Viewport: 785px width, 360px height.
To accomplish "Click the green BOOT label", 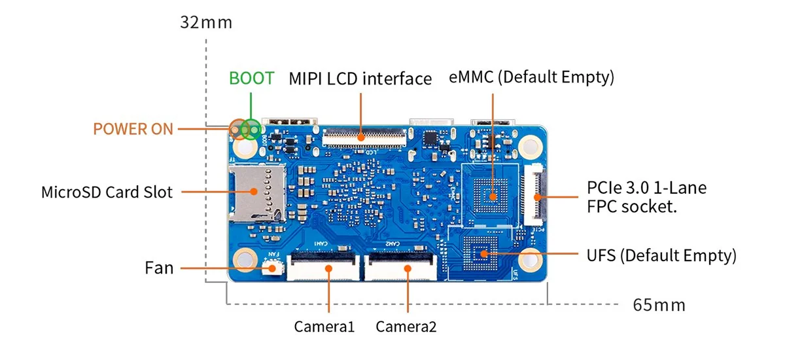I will point(251,78).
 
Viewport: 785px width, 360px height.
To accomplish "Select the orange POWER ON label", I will point(133,128).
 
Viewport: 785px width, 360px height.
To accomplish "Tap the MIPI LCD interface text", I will point(360,79).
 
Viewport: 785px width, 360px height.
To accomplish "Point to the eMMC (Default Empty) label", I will point(531,77).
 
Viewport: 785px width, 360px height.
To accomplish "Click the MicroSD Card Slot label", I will point(107,192).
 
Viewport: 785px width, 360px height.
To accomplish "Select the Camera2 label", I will point(406,326).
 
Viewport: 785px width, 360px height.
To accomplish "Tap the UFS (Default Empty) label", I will point(661,255).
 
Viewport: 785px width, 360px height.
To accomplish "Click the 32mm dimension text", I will point(206,23).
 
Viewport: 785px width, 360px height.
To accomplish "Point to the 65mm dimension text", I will point(659,305).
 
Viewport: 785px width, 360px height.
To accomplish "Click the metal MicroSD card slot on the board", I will point(256,192).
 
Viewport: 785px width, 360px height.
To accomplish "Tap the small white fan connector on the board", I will point(273,267).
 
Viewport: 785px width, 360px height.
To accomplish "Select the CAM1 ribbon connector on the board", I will point(324,265).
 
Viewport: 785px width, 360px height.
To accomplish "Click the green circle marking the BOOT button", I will point(251,129).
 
